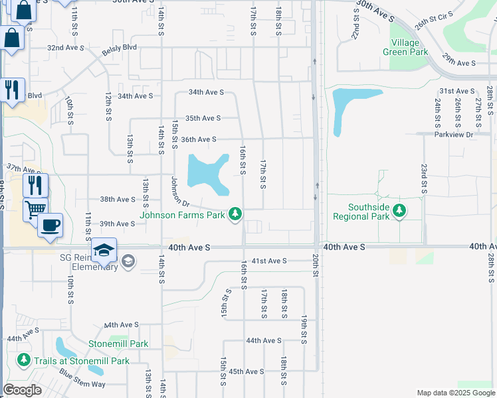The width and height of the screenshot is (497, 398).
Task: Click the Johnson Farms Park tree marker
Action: (235, 214)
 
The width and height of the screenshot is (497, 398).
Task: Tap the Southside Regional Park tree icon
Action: (399, 211)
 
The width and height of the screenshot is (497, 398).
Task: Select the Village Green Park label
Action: (401, 47)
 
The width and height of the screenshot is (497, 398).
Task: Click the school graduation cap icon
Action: (104, 250)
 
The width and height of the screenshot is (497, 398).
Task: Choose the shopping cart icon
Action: (35, 209)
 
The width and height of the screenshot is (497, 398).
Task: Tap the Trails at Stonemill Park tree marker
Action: (24, 360)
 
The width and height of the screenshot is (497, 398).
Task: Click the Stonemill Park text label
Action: (119, 344)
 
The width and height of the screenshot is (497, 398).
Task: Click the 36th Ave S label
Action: (199, 139)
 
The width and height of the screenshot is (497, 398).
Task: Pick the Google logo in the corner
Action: (23, 390)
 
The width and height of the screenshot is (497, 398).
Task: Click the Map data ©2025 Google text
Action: (455, 393)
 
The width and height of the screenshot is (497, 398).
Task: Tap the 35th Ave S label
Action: (203, 118)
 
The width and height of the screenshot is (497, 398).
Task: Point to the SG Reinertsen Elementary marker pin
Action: (128, 263)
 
